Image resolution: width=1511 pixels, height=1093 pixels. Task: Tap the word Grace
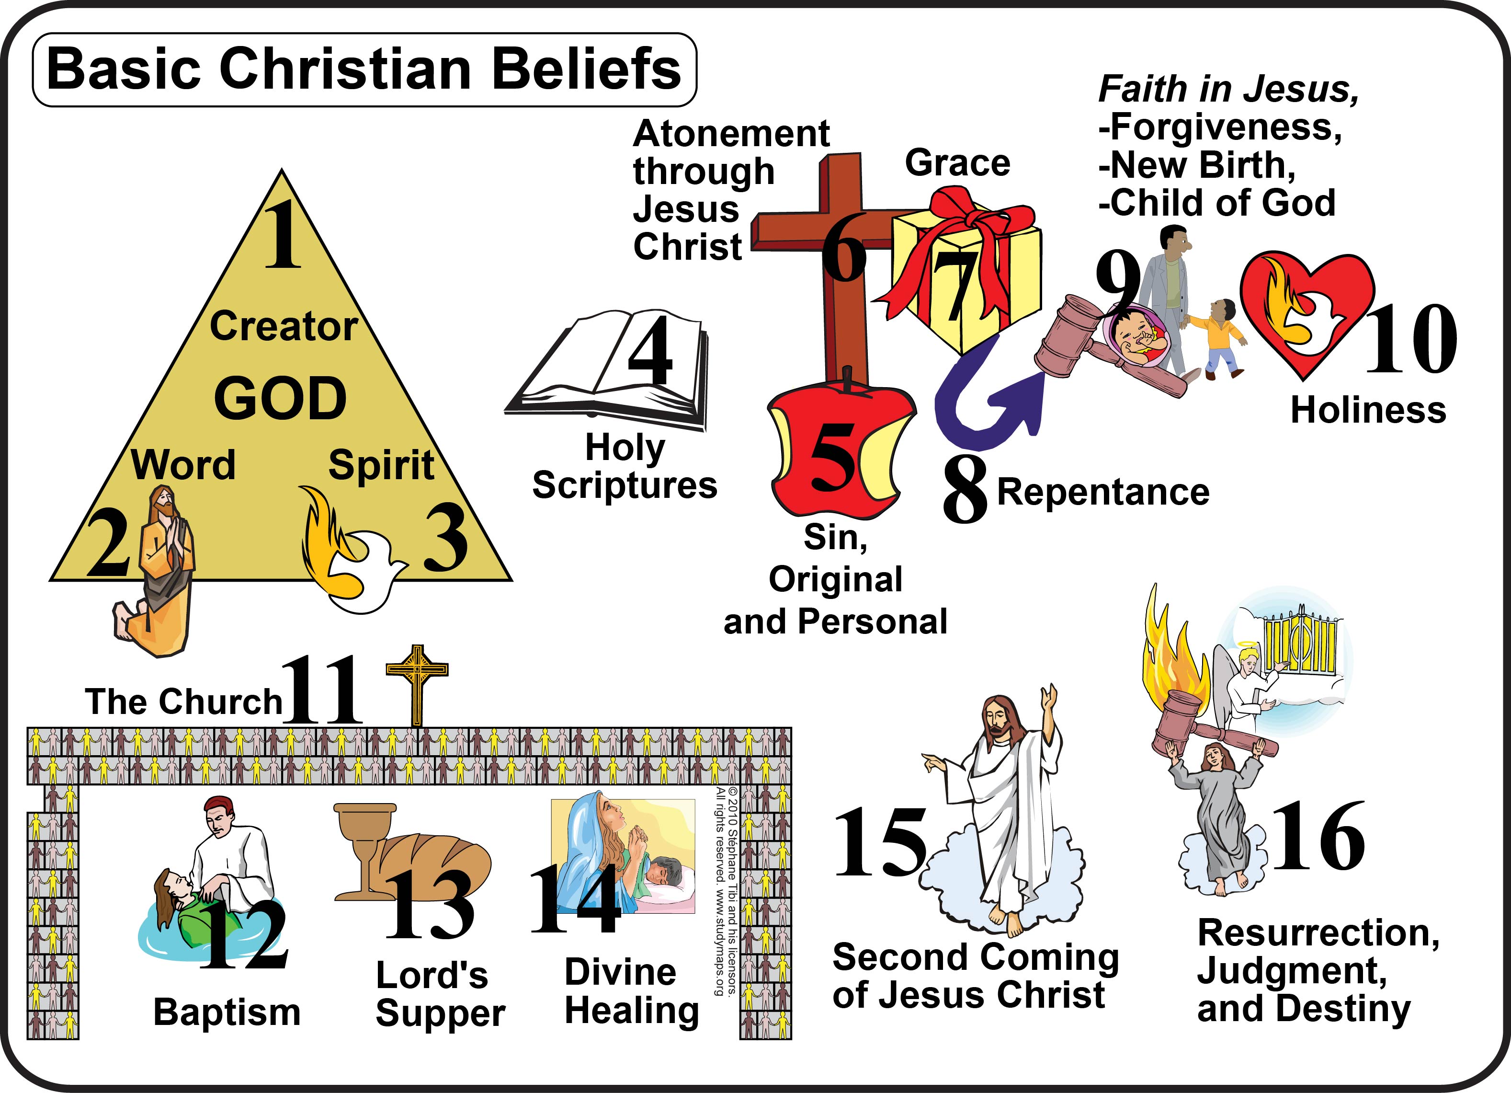point(957,163)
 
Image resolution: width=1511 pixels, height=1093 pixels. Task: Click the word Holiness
point(1368,410)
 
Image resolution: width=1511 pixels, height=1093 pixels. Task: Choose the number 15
point(879,843)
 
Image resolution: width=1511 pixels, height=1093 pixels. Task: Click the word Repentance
point(1102,492)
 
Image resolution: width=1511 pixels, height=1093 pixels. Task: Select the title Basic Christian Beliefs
point(364,69)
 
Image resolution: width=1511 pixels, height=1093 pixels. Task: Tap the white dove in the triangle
point(366,570)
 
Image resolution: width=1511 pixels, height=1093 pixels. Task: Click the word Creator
point(284,327)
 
